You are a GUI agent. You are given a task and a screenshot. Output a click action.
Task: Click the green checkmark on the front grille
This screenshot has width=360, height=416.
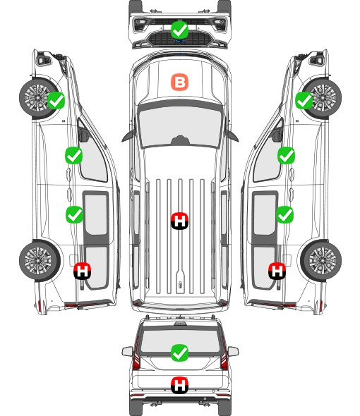pos(179,30)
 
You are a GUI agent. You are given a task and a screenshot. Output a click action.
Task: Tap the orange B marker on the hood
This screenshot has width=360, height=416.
pos(179,82)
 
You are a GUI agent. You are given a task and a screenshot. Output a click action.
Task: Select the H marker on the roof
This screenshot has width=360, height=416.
pos(179,221)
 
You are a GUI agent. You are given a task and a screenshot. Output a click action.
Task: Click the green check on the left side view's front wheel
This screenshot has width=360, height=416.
pos(56,100)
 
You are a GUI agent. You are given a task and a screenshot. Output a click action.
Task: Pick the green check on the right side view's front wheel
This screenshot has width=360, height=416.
pos(304,100)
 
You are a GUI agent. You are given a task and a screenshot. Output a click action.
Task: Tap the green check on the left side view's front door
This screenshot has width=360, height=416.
pos(74,155)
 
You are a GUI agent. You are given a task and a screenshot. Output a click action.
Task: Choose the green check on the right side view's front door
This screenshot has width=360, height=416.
pos(286,155)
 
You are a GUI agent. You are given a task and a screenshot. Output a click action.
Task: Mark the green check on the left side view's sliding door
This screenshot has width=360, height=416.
pos(74,214)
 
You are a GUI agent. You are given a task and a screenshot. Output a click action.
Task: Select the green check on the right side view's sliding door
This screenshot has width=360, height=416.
pos(285,214)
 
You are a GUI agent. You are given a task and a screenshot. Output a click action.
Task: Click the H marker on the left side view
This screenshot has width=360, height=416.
pos(83,271)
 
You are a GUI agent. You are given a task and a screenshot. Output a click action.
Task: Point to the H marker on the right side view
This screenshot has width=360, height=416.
pos(277,271)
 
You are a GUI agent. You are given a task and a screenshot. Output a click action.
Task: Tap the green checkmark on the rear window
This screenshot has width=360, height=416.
pos(179,353)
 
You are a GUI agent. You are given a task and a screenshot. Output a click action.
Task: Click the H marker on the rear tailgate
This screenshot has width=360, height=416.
pos(179,385)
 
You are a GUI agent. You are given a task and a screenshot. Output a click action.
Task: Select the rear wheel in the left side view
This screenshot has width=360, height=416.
pos(39,260)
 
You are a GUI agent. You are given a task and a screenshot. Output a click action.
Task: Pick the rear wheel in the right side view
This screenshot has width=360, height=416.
pos(322,260)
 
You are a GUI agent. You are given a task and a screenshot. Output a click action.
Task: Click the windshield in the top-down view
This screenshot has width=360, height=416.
pos(180,127)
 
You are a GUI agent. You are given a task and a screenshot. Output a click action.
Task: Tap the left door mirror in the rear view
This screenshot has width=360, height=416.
pos(127,351)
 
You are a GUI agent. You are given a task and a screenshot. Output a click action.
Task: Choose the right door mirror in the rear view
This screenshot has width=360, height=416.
pos(233,351)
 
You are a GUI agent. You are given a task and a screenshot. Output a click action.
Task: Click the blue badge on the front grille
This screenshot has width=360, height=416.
pos(180,41)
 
